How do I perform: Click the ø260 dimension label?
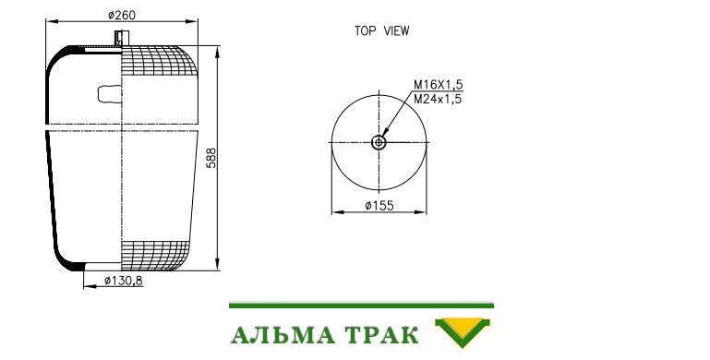click(121, 16)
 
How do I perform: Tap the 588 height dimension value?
click(211, 158)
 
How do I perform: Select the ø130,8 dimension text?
click(123, 282)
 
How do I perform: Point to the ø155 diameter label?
click(379, 206)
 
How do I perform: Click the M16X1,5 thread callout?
click(439, 85)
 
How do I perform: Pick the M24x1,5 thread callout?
click(438, 99)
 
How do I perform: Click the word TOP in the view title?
click(365, 31)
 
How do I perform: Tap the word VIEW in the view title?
click(397, 31)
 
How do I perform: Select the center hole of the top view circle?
click(379, 143)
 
